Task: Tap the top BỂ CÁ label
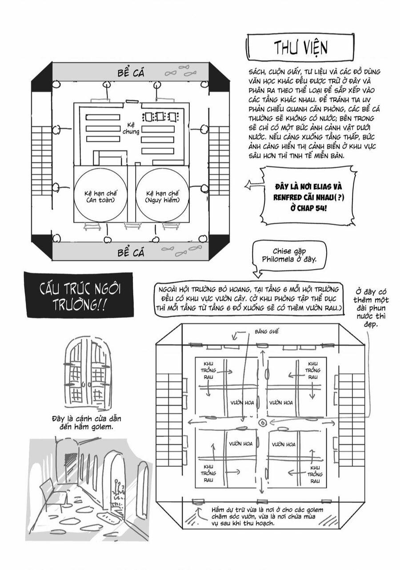click(x=131, y=72)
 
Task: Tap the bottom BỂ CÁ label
click(x=131, y=253)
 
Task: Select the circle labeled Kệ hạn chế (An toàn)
click(x=100, y=196)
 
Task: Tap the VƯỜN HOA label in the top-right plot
click(x=281, y=402)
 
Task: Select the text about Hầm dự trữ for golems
click(x=271, y=516)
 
